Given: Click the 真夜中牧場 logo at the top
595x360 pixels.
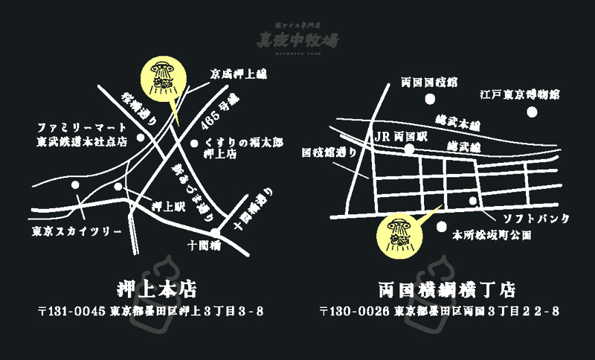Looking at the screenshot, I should [297, 39].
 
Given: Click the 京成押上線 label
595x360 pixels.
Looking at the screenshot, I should [238, 74].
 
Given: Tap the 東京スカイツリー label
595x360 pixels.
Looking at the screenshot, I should [77, 231].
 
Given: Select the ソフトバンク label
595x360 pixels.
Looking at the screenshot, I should [536, 218].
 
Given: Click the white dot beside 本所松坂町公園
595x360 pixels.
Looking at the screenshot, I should [443, 226].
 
